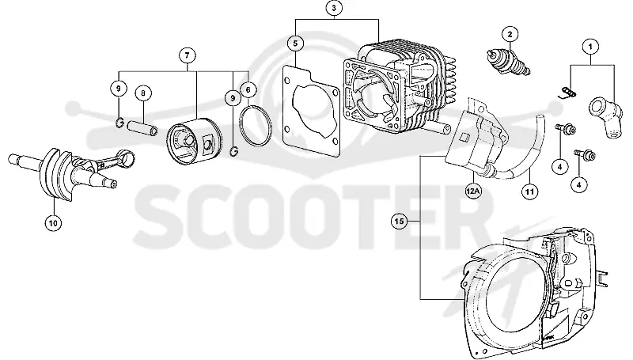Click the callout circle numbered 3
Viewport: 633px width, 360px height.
(x=333, y=8)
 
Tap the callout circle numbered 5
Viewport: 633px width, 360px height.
(x=295, y=44)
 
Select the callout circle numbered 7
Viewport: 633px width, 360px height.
(x=187, y=55)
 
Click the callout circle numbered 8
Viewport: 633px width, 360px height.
(x=143, y=93)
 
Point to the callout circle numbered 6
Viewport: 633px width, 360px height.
(x=248, y=89)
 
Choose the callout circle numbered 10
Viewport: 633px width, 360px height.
(x=53, y=222)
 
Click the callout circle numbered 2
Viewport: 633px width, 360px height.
(x=510, y=34)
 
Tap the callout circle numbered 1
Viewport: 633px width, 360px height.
(x=590, y=47)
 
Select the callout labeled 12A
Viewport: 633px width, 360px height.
(x=473, y=191)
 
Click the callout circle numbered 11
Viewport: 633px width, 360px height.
(x=529, y=191)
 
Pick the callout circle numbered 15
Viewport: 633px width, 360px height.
(x=399, y=222)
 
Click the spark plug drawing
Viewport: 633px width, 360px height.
(x=508, y=63)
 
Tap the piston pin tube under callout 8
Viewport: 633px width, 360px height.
(x=142, y=128)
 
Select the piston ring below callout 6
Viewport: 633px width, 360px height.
(x=255, y=126)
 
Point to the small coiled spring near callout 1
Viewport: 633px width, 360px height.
(x=568, y=93)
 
